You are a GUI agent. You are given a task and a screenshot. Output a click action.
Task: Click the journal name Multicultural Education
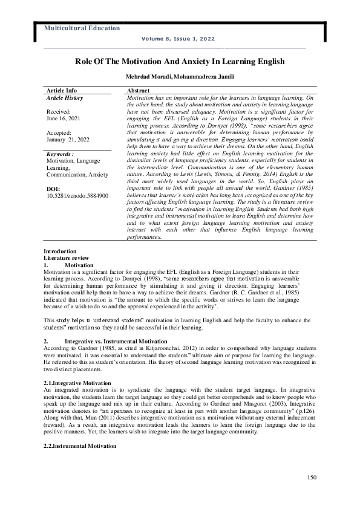(x=82, y=28)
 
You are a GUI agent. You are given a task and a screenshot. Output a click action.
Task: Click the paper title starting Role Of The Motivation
(x=180, y=62)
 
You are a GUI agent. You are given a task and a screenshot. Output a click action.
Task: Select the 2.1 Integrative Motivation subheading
(x=77, y=383)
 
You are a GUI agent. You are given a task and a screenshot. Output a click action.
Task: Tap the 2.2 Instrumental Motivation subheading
(x=79, y=446)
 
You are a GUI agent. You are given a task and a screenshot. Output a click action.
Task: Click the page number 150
(x=312, y=479)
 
